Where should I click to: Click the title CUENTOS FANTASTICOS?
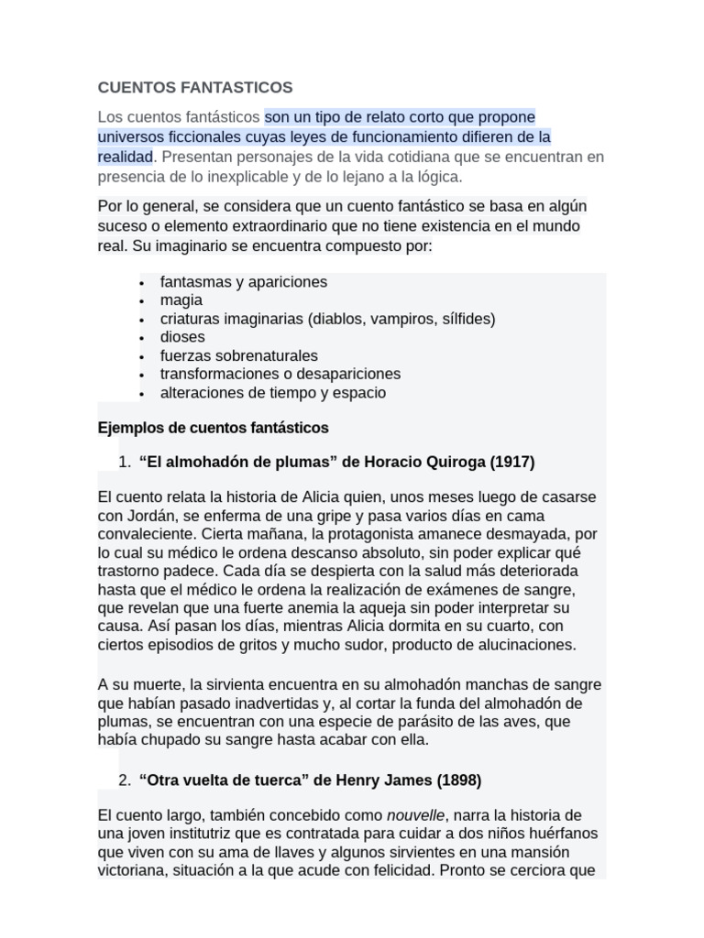click(x=195, y=87)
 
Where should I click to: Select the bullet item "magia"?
click(x=181, y=300)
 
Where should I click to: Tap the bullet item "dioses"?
click(x=182, y=337)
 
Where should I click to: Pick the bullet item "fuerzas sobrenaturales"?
click(x=238, y=355)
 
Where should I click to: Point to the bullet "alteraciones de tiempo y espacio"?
click(x=272, y=393)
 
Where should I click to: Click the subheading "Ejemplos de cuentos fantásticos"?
click(x=213, y=428)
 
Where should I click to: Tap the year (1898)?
click(x=458, y=780)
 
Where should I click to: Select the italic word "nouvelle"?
click(x=415, y=815)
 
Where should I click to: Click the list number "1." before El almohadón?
click(x=126, y=463)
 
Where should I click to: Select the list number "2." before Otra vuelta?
click(x=126, y=780)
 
